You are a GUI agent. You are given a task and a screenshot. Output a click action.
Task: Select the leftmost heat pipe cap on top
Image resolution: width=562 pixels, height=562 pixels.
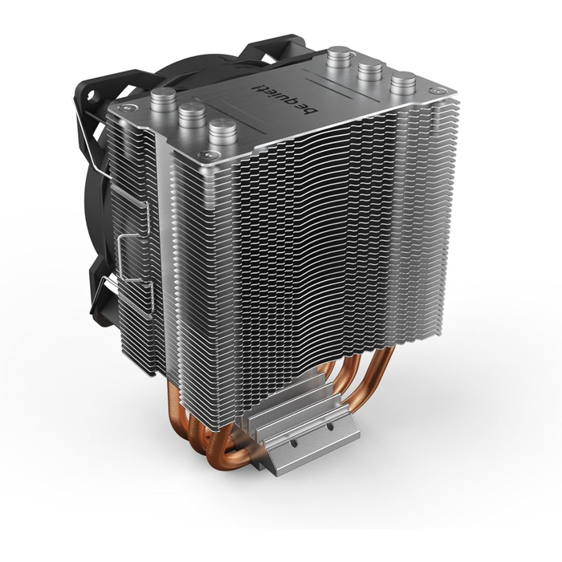pyautogui.click(x=163, y=100)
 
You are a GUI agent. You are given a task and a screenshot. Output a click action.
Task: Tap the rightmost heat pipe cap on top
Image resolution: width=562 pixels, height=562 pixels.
pyautogui.click(x=403, y=83)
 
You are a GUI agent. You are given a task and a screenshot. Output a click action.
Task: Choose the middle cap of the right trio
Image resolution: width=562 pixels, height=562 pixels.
pyautogui.click(x=370, y=70)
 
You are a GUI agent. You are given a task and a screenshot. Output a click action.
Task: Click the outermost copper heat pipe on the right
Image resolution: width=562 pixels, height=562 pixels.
pyautogui.click(x=375, y=385)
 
